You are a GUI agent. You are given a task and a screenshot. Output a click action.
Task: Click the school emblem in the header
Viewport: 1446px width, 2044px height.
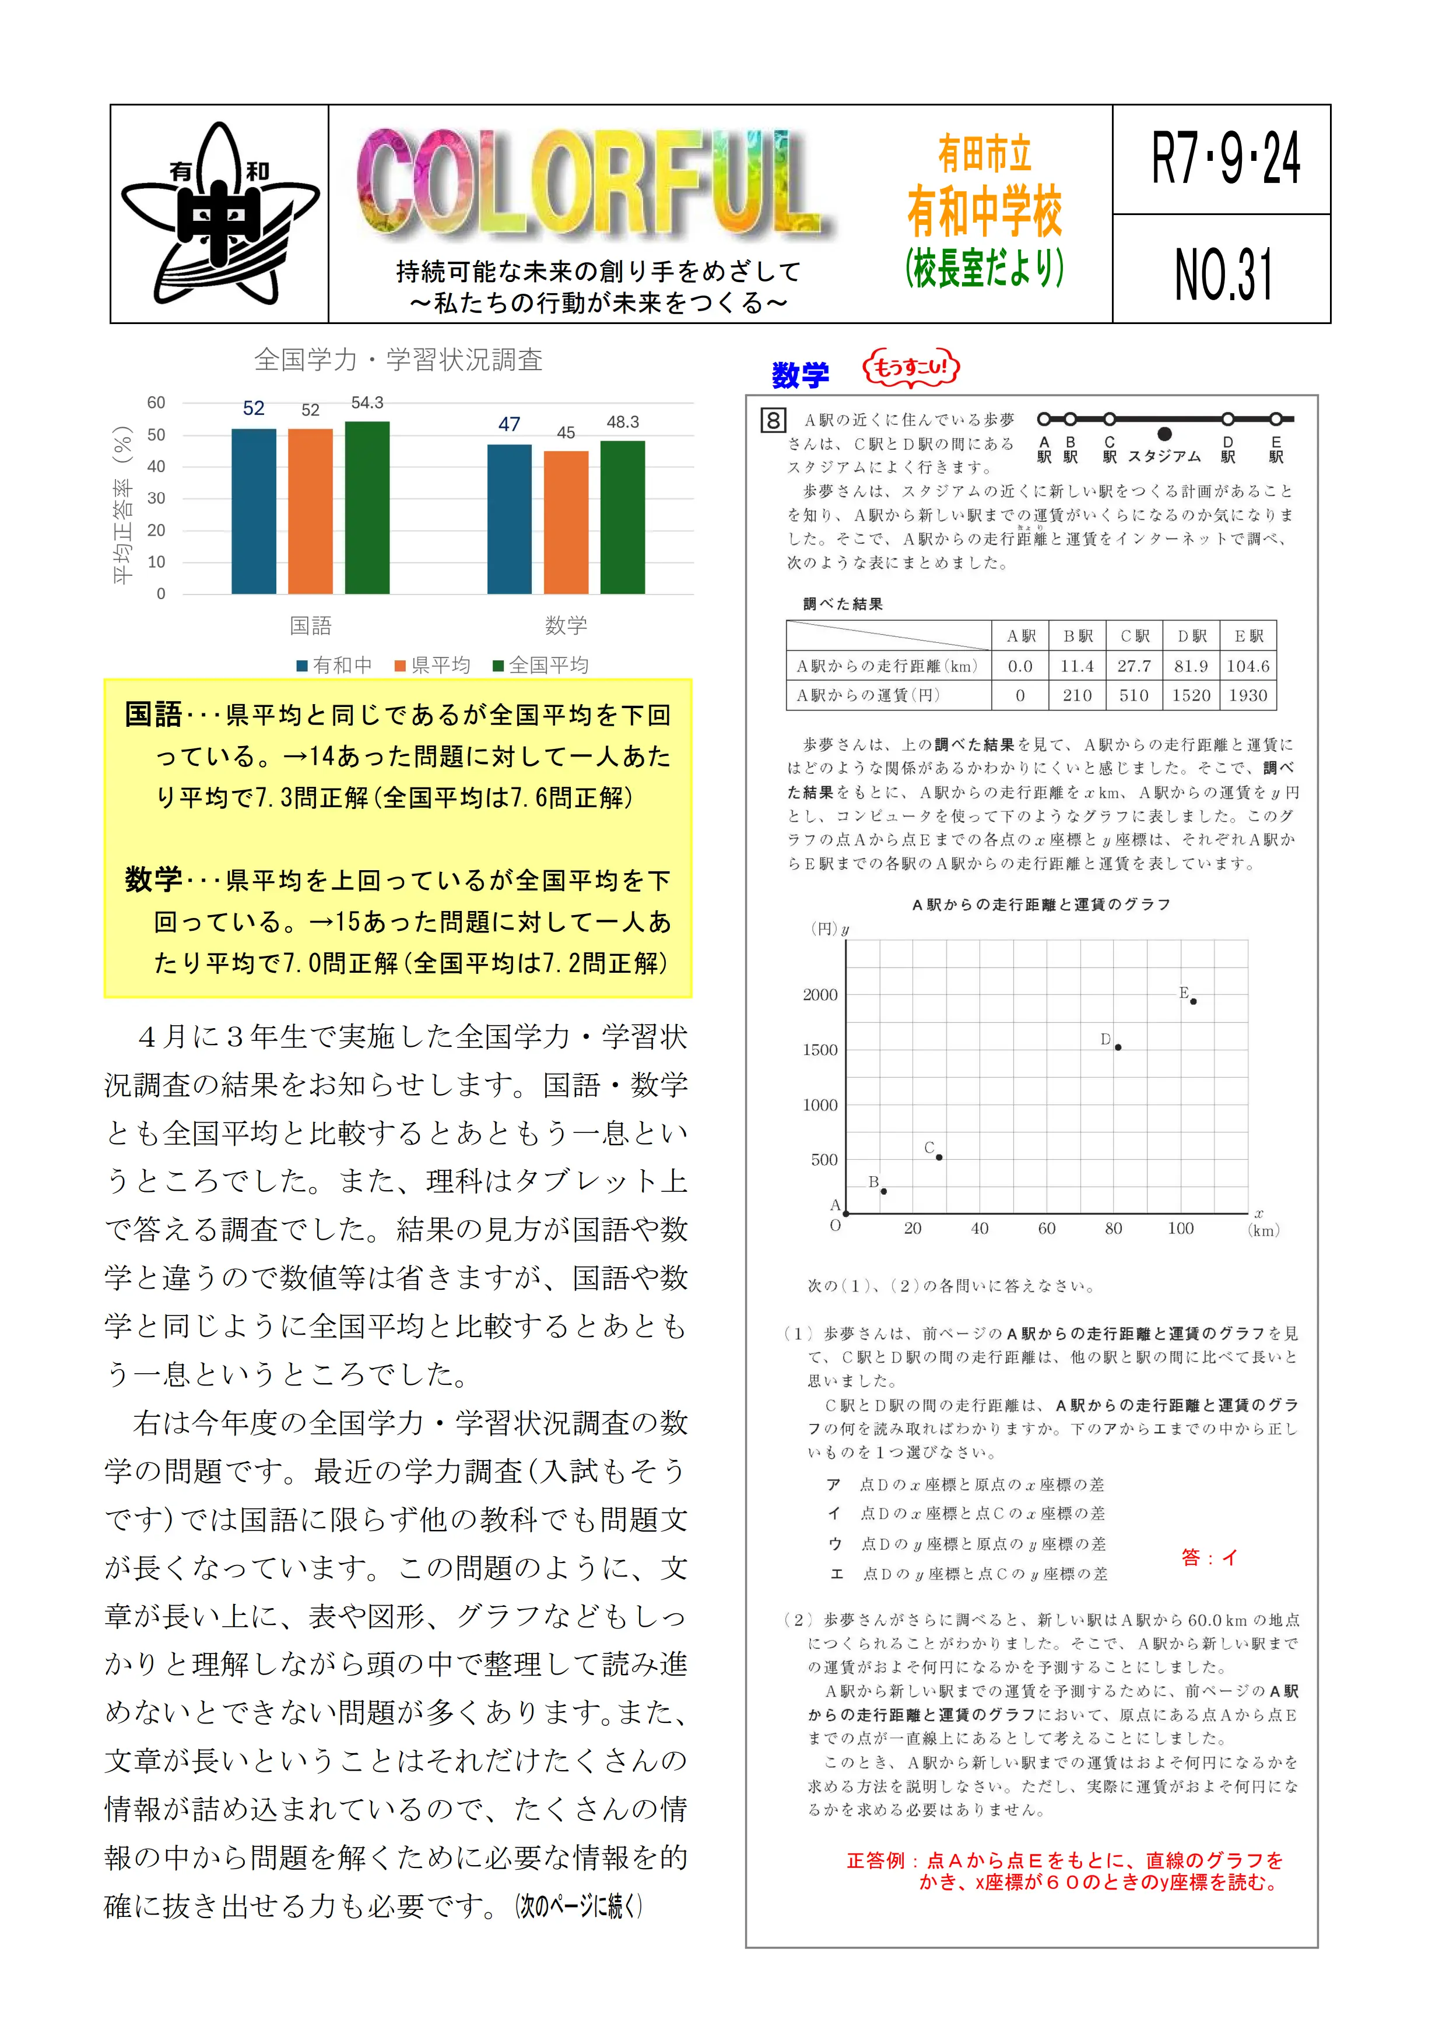219,214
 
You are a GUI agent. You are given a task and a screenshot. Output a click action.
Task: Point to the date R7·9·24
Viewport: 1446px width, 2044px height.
1223,159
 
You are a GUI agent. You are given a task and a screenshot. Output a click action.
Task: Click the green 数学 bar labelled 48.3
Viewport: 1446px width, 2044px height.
622,516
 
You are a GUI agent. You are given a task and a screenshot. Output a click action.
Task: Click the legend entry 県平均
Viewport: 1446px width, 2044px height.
433,665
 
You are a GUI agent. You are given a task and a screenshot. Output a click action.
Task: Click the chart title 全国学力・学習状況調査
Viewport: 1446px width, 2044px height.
398,360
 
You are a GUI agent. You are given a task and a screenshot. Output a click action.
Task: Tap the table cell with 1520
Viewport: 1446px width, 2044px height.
1191,695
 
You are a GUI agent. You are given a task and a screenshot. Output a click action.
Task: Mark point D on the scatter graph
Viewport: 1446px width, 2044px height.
1118,1047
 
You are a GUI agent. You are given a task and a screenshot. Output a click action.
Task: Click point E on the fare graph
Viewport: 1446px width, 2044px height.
1193,1001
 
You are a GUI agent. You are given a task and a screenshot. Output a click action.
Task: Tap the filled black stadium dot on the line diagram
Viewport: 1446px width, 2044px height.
1164,434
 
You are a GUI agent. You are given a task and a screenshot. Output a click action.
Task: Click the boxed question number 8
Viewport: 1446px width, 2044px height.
773,420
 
